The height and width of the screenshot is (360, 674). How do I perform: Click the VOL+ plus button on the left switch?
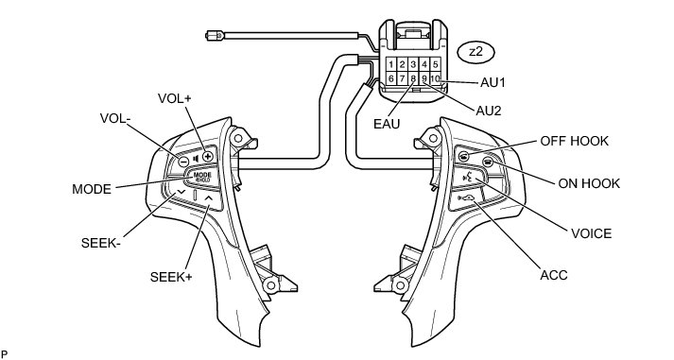[208, 156]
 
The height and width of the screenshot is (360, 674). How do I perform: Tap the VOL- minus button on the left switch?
[183, 162]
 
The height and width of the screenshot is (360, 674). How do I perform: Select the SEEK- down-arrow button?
[181, 192]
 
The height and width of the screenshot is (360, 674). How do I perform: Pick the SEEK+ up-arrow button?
[209, 198]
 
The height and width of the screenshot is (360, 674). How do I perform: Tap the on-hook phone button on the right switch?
[487, 162]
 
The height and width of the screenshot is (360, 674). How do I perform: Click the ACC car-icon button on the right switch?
[466, 198]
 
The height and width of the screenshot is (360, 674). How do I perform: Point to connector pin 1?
[391, 64]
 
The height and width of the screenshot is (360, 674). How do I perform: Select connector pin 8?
[413, 78]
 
